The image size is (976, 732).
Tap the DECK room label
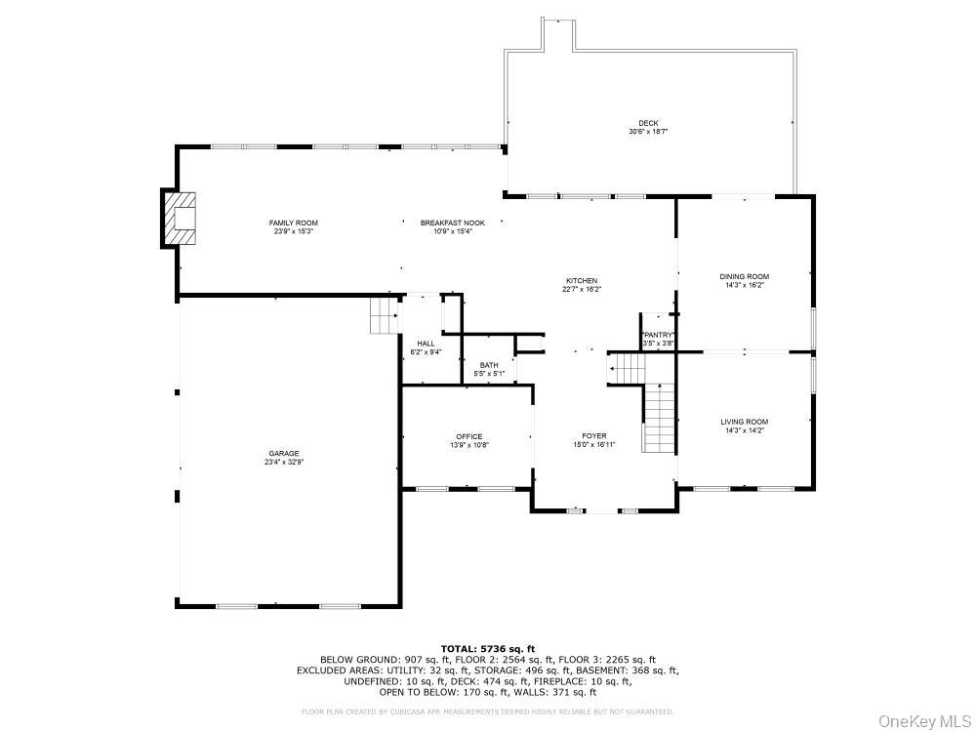[647, 123]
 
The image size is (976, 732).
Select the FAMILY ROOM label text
[294, 224]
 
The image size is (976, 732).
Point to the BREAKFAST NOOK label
[452, 224]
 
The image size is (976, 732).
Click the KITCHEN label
[581, 281]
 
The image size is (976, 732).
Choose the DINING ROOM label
[745, 277]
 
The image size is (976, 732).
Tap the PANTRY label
[658, 335]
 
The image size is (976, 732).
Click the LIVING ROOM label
[745, 422]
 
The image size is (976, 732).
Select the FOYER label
[593, 436]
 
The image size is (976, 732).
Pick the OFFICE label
[468, 436]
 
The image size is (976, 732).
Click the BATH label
[488, 365]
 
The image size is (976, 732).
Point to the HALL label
[426, 344]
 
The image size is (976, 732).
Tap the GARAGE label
[284, 454]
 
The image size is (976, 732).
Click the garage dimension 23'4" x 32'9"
[284, 463]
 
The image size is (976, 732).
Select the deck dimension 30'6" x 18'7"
[647, 132]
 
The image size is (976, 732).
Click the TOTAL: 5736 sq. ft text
[488, 648]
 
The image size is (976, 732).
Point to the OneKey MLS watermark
[921, 720]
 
